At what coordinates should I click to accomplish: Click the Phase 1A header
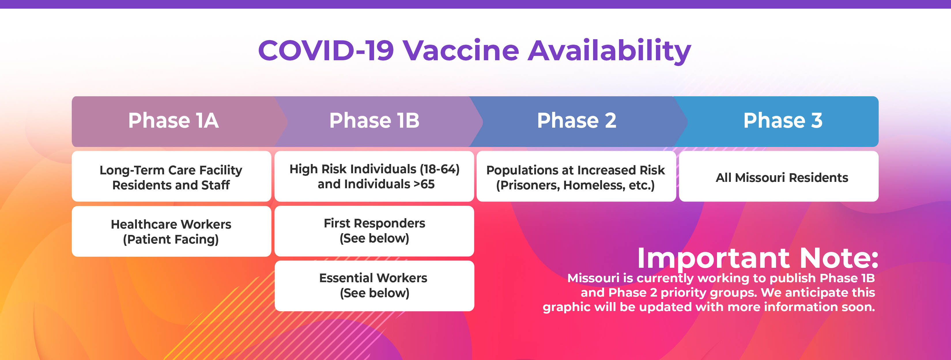173,121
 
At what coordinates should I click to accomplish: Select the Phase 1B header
374,121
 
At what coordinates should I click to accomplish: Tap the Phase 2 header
577,121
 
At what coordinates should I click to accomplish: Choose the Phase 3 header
783,121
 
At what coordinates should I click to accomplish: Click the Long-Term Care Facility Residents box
171,176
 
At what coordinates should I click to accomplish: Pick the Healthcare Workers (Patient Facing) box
171,231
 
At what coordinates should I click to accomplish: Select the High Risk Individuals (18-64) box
374,176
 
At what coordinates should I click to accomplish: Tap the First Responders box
374,231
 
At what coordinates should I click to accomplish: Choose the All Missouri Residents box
779,176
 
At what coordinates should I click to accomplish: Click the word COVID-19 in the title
326,51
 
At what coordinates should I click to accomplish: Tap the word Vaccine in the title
461,51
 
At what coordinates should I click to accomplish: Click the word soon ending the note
858,307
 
